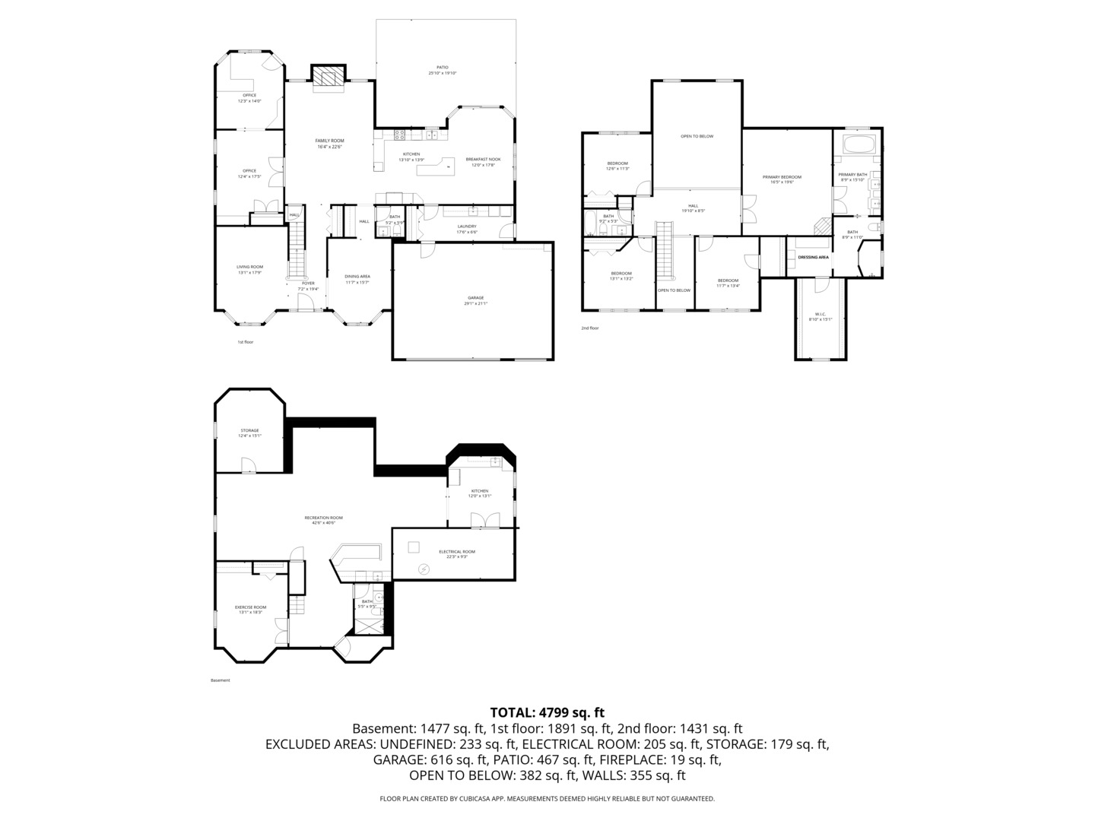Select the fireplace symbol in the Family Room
pos(328,78)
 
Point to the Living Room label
pos(249,269)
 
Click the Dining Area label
pos(357,279)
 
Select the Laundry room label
pos(467,228)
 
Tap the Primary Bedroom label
pos(782,179)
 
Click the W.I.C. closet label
pos(820,316)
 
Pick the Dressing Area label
pos(813,258)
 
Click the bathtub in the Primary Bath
pos(859,144)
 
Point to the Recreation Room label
pos(323,520)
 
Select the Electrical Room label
pos(457,553)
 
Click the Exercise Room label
pos(250,609)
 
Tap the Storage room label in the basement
pos(249,433)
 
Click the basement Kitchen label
pos(479,493)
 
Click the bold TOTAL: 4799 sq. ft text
pos(547,712)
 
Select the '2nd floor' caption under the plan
pos(590,328)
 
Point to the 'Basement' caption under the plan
pos(220,680)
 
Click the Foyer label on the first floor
pos(307,286)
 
